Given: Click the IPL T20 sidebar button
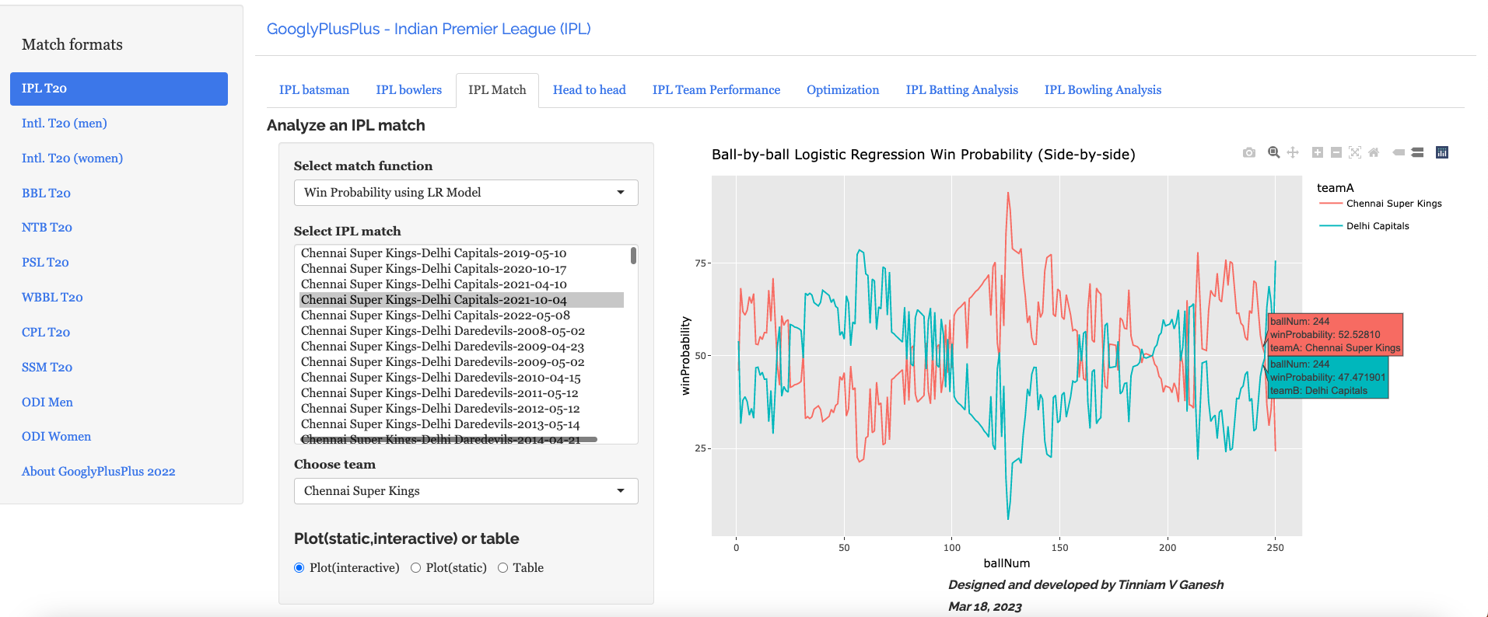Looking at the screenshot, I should (x=118, y=89).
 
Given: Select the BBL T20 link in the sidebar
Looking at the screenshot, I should (x=46, y=193).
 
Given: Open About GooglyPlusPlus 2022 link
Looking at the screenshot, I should (x=98, y=471).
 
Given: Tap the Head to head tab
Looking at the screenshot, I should (x=589, y=90).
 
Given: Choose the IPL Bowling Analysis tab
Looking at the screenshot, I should (x=1102, y=90).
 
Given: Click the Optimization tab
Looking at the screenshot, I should (x=842, y=90).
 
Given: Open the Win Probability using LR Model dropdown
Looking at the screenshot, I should (x=465, y=193).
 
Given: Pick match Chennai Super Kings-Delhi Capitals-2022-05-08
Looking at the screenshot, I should (x=435, y=315).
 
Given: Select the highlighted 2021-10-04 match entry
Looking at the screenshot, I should (x=433, y=300).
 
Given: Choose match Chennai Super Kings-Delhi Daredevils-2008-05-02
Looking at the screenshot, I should (x=443, y=331).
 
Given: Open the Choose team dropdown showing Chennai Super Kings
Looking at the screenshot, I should (x=465, y=491).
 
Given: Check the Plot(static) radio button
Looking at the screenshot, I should (x=416, y=568).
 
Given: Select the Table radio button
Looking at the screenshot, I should (x=503, y=568).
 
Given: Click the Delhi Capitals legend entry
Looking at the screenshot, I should (x=1377, y=226).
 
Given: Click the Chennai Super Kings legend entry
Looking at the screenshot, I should (x=1393, y=204).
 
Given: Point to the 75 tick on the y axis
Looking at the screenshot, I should (x=701, y=263).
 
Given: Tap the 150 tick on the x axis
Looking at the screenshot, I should (x=1059, y=548).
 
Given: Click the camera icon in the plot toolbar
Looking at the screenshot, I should (x=1248, y=152).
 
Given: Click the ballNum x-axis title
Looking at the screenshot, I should (x=1006, y=563).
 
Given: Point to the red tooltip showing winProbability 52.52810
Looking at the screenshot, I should (x=1335, y=334).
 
